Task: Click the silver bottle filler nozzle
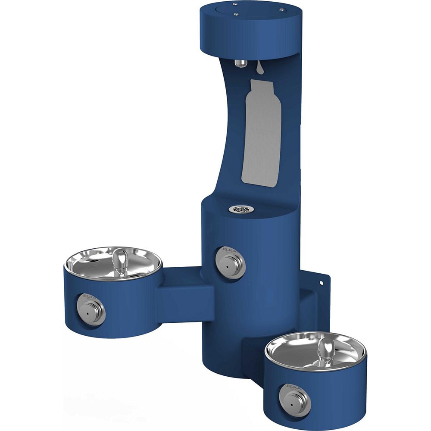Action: click(240, 63)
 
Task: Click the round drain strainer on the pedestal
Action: click(241, 209)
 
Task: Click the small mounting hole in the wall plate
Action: click(321, 283)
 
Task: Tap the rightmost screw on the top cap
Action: click(281, 9)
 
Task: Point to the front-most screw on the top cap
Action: click(236, 14)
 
